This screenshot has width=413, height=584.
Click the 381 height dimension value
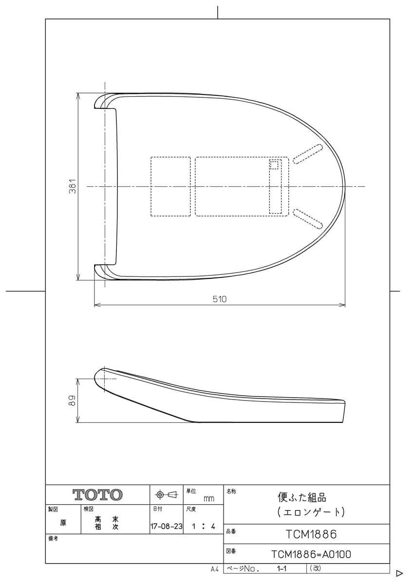pos(72,186)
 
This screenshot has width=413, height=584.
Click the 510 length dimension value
pos(220,299)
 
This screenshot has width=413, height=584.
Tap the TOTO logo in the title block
pos(98,495)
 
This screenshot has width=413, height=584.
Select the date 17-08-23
pos(166,526)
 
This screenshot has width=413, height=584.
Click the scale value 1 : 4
pos(204,526)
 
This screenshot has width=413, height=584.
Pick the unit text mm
pos(209,499)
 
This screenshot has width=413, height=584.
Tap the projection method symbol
pos(166,495)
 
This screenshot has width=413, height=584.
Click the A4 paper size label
pos(215,569)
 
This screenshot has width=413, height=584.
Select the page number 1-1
pos(281,568)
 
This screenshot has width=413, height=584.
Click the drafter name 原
pos(63,523)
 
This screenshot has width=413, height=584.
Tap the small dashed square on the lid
pos(275,165)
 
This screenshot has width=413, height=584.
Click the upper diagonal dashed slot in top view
pos(307,153)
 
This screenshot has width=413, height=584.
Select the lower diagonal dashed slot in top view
pos(307,218)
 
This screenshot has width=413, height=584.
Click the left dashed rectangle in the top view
pos(170,186)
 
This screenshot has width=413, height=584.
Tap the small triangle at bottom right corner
pos(399,573)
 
